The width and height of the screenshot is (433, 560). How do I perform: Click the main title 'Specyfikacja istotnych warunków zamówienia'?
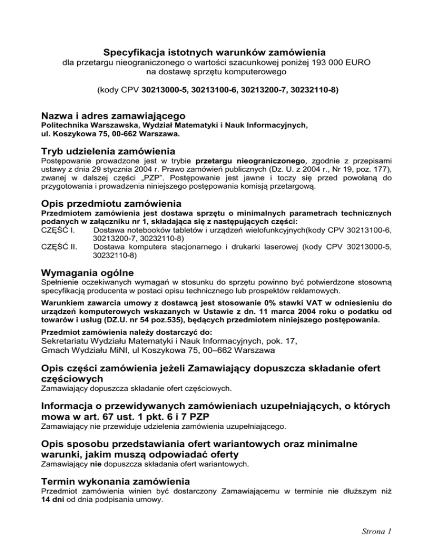216,52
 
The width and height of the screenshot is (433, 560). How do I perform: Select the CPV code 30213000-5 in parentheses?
165,89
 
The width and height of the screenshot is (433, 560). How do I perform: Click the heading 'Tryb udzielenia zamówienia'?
108,151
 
